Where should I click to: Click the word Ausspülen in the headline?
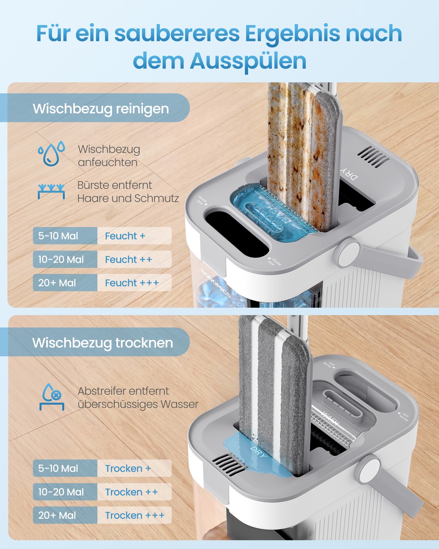[248, 61]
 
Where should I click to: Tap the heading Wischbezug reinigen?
[101, 109]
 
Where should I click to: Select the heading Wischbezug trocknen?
[103, 343]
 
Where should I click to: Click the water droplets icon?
[51, 153]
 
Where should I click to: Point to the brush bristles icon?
[51, 191]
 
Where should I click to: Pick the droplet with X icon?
[52, 397]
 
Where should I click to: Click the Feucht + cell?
[134, 236]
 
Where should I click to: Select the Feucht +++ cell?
[134, 283]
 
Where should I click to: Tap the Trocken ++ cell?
[134, 492]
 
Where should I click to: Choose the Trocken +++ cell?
[134, 515]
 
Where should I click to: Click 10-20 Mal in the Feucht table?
[61, 260]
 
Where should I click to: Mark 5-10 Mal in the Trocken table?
[58, 469]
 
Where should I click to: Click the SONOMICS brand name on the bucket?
[216, 283]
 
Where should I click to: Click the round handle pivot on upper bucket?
[348, 251]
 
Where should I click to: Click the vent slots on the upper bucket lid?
[373, 156]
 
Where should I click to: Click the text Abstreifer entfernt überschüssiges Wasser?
[138, 398]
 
